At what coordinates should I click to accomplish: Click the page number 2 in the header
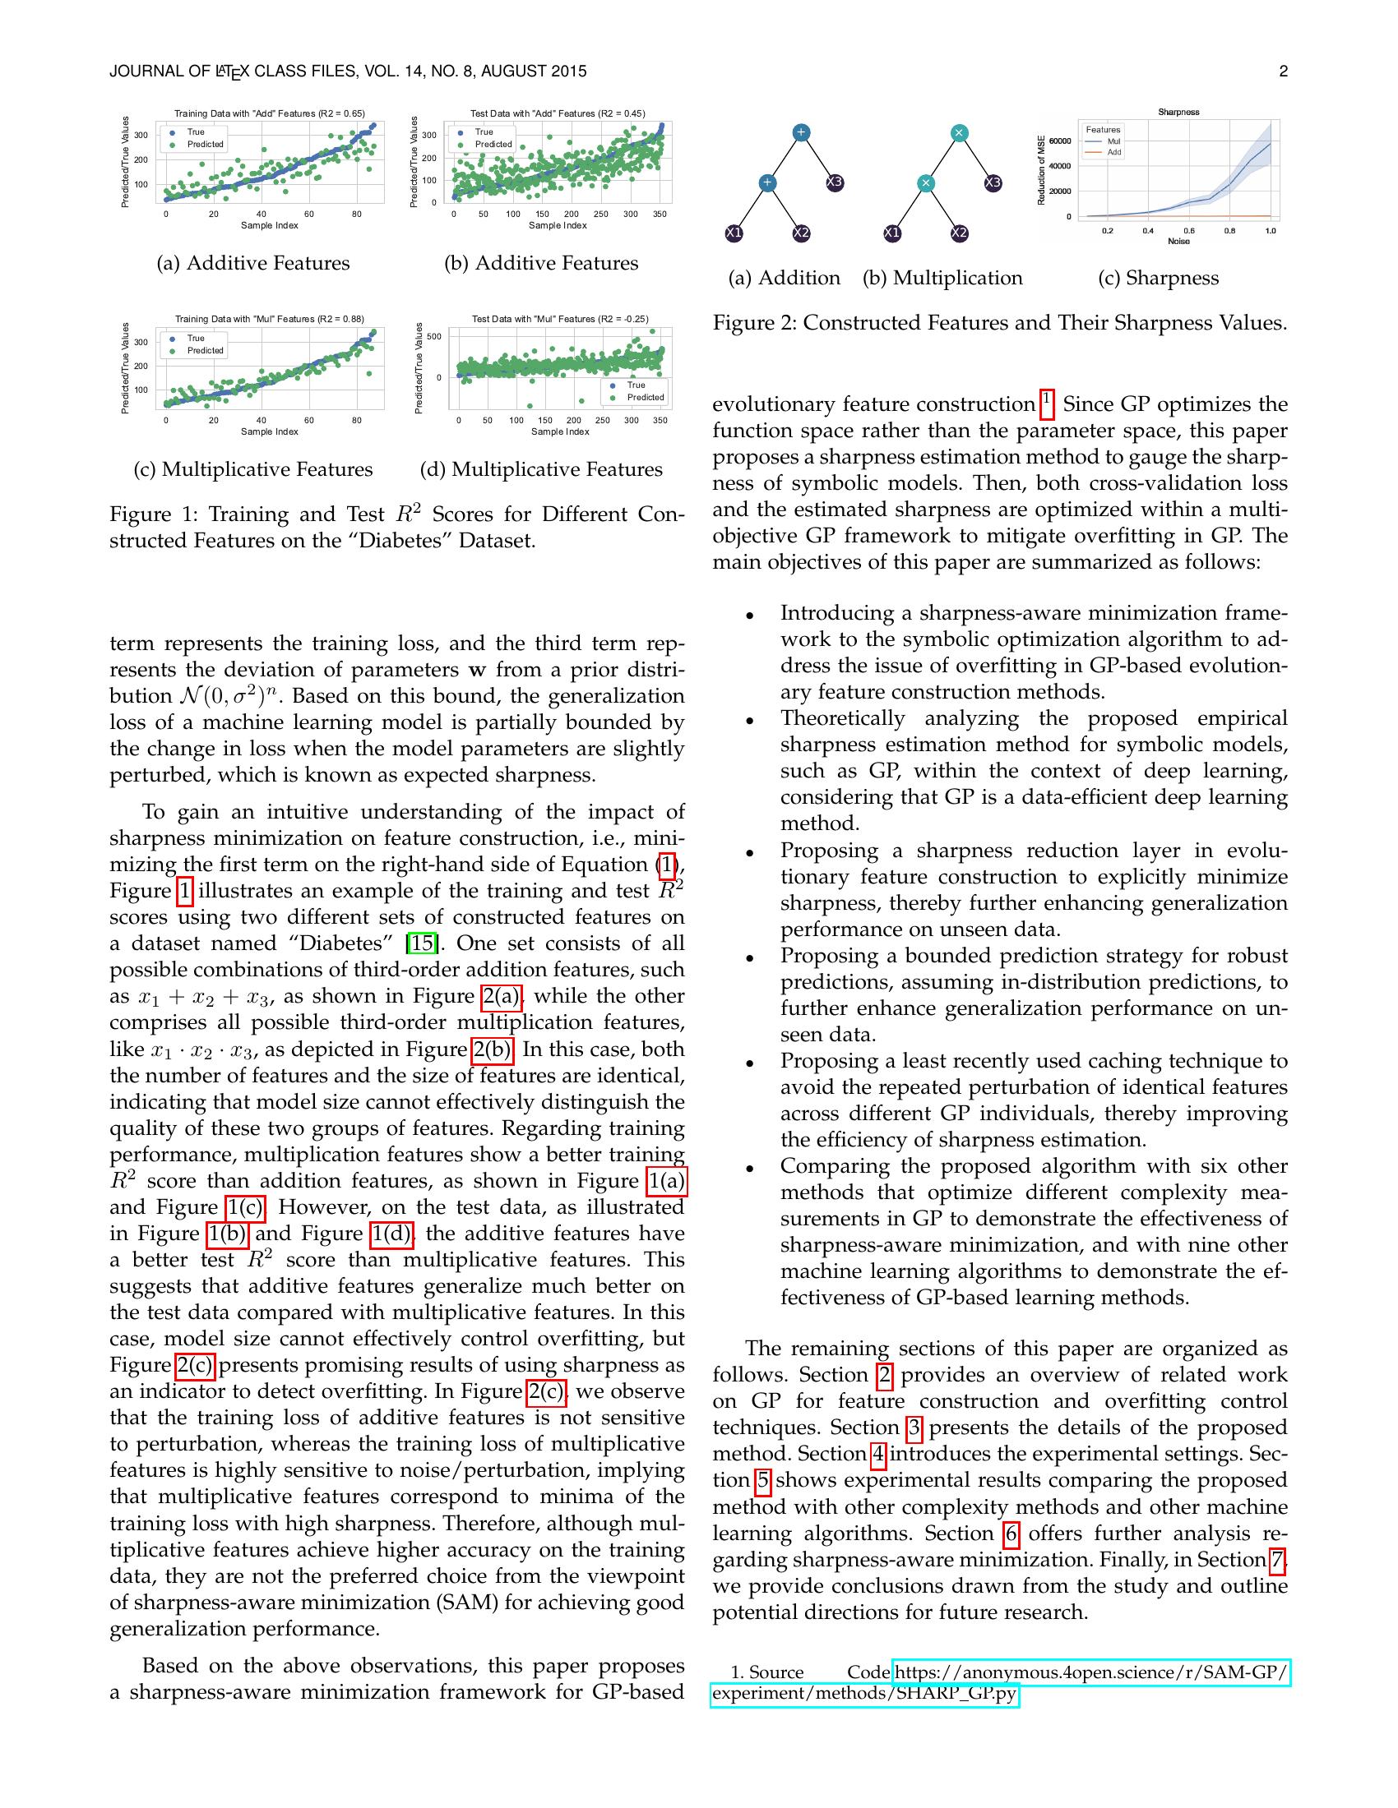1283,72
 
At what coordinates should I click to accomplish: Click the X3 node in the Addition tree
834,182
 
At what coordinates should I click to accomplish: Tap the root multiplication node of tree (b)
959,132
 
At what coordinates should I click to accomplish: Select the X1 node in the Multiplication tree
892,233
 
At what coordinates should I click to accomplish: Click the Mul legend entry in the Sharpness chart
1113,141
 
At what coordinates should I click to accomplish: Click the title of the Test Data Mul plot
560,319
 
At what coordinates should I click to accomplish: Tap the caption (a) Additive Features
253,263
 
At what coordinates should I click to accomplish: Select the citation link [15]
422,943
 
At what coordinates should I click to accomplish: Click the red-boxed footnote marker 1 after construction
1046,400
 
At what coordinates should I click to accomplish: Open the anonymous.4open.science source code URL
1090,1673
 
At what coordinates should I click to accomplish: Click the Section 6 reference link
1010,1534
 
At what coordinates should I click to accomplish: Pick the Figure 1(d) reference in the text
391,1234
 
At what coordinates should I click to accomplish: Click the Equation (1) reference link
667,865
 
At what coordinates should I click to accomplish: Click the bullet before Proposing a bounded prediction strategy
749,957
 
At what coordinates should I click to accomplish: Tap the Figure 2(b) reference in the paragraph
492,1049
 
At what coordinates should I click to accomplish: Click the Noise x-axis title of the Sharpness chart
1178,241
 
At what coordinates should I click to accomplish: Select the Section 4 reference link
879,1455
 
